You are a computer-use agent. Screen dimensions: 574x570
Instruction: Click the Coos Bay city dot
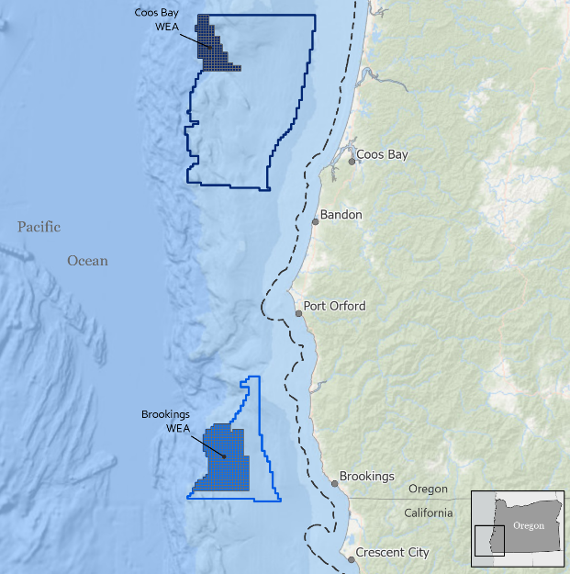coord(352,161)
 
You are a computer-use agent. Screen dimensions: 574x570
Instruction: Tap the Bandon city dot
coord(315,221)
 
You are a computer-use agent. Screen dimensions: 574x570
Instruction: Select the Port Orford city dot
coord(298,313)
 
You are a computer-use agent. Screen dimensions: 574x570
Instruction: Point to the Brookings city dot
coord(334,483)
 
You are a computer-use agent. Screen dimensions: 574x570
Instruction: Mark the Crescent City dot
coord(350,557)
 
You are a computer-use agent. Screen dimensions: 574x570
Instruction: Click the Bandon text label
coord(341,215)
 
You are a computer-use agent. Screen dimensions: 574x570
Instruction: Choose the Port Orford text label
coord(334,306)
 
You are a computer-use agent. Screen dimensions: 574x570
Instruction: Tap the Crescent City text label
coord(393,553)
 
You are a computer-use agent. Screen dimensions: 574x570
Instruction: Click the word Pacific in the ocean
coord(39,226)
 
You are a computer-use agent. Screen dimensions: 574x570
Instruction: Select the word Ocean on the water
coord(87,261)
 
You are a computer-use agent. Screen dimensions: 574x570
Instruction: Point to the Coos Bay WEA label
coord(167,21)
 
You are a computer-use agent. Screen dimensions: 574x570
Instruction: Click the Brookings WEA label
coord(166,421)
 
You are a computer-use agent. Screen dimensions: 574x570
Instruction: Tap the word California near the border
coord(429,512)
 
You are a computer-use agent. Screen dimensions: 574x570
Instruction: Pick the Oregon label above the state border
coord(429,489)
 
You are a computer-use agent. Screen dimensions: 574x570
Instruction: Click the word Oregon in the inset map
coord(528,525)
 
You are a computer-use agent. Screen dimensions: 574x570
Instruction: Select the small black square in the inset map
coord(489,541)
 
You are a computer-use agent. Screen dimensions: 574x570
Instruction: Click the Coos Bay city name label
coord(382,154)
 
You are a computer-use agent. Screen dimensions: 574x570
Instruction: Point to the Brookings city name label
coord(367,477)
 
